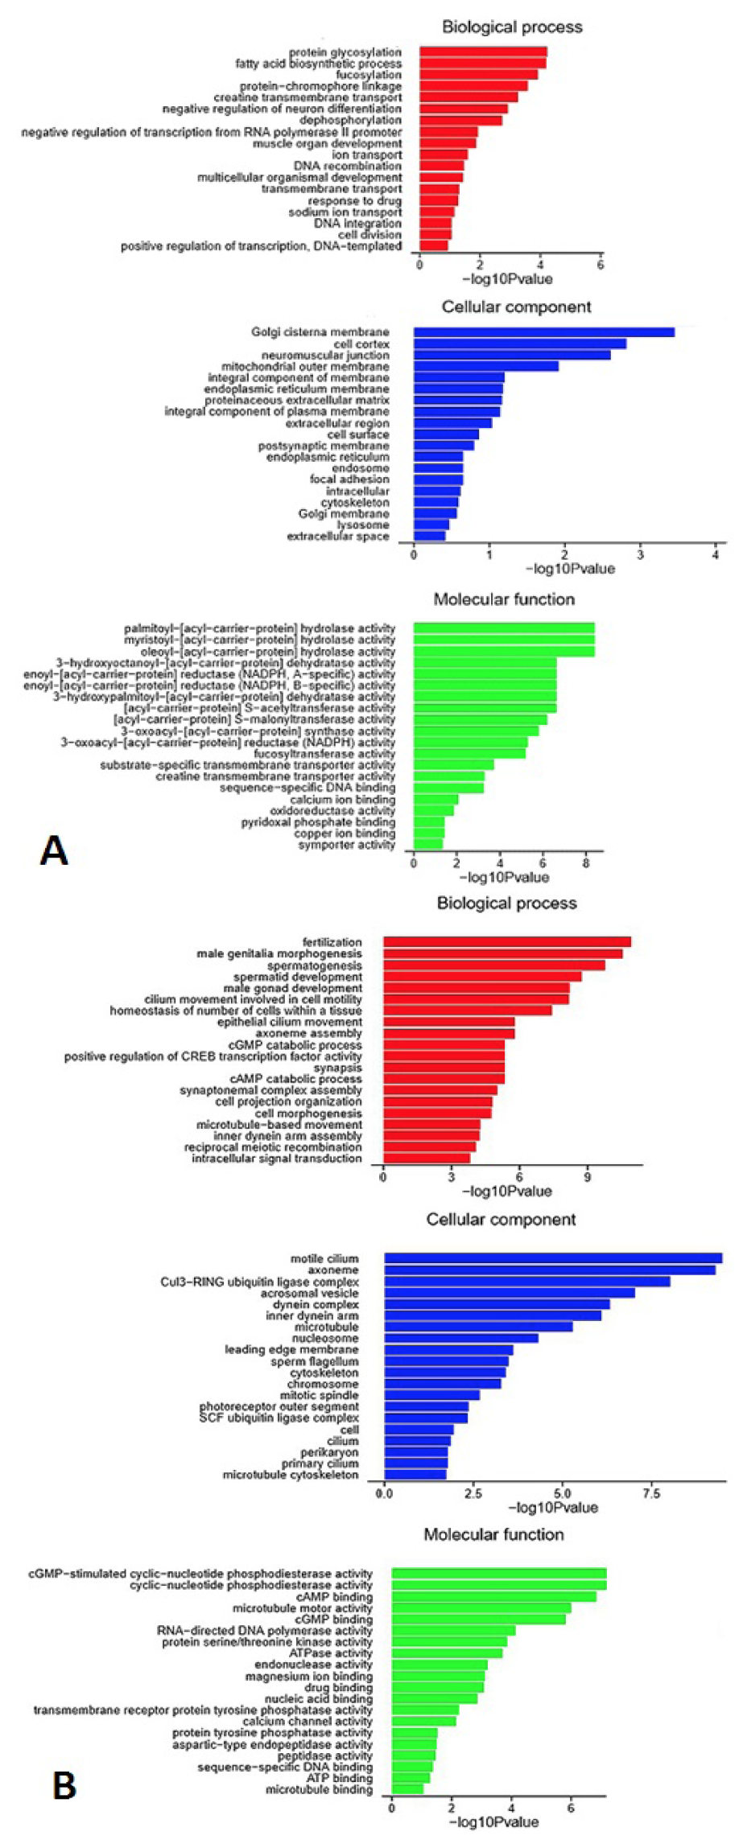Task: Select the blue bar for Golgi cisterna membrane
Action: [x=544, y=332]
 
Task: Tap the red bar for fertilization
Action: [x=507, y=942]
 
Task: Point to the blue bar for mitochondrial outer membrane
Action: [x=486, y=367]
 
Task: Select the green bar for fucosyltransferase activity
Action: [x=469, y=754]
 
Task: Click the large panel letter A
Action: [x=54, y=851]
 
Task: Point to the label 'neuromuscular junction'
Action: [x=325, y=356]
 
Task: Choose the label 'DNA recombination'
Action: [x=347, y=166]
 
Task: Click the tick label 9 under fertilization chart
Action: [x=588, y=1176]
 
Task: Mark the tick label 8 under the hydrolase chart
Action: [x=586, y=863]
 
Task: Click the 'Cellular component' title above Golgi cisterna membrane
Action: [x=516, y=307]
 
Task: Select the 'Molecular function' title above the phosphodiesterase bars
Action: [x=493, y=1535]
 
